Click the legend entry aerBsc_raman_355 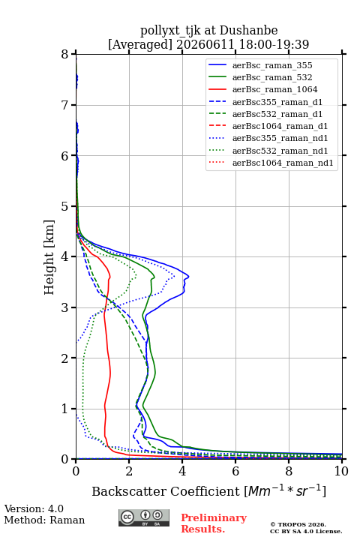[272, 65]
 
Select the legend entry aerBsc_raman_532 [272, 77]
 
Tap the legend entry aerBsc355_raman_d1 [277, 102]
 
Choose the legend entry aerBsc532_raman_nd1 [280, 151]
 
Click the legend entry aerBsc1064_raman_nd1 [283, 163]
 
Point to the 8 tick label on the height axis [65, 55]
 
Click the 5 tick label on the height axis [65, 206]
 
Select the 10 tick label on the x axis [341, 471]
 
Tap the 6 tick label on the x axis [235, 471]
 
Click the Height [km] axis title [49, 257]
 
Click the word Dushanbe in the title [248, 30]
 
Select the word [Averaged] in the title [139, 44]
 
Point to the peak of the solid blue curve [189, 276]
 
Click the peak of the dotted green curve [136, 277]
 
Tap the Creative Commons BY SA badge [144, 518]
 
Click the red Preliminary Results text [214, 523]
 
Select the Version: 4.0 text [34, 508]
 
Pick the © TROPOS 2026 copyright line [298, 524]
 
